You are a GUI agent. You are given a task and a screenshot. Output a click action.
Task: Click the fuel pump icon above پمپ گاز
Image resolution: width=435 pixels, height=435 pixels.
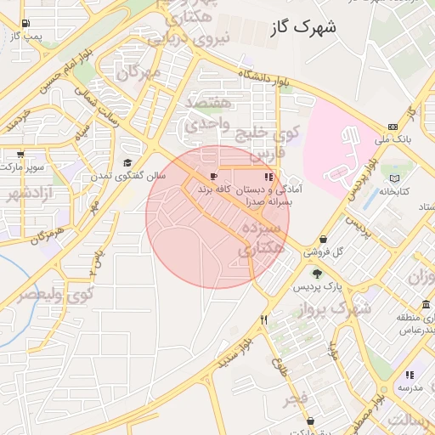click(26, 23)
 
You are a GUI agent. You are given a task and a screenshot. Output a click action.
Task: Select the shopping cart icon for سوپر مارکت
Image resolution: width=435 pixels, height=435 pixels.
click(20, 155)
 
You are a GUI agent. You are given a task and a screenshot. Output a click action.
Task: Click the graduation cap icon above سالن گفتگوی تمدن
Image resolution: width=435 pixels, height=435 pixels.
click(127, 163)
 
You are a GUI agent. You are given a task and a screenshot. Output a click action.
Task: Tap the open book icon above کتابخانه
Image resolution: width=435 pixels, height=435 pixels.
click(393, 178)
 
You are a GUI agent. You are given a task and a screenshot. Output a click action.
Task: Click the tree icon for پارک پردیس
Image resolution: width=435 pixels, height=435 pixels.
click(317, 274)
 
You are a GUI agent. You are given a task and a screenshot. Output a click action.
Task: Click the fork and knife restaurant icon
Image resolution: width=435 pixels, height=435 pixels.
click(264, 320)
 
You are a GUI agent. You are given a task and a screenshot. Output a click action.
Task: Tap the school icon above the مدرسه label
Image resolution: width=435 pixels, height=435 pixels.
click(410, 375)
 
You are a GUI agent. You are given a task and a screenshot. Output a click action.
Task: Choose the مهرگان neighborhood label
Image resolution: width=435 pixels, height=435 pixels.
click(138, 74)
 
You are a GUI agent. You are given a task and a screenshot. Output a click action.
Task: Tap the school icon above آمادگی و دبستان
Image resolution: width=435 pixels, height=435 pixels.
click(268, 177)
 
